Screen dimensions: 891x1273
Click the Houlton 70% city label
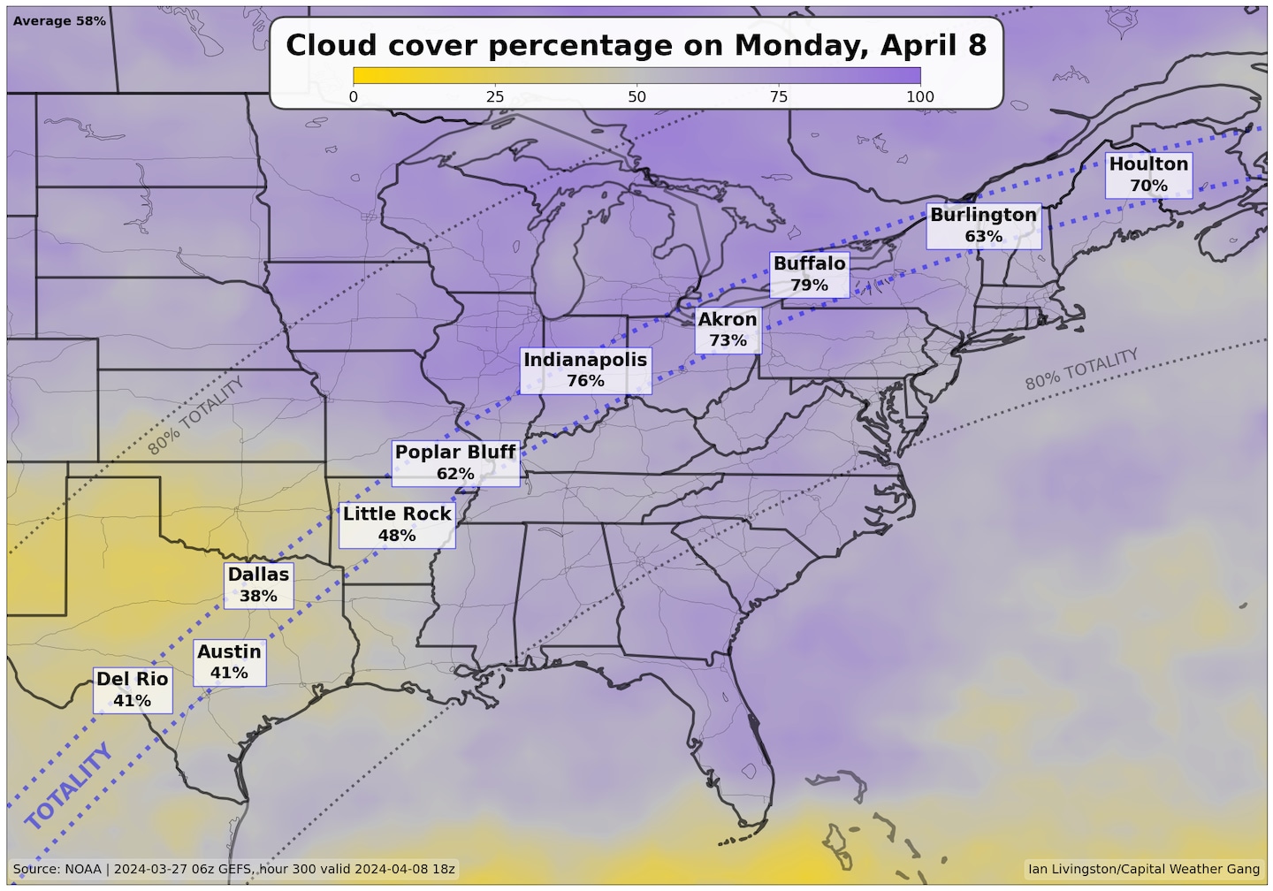pos(1148,175)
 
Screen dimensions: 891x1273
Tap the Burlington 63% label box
pos(983,225)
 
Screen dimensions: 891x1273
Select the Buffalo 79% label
pos(809,274)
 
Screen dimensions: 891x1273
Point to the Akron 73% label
pos(728,330)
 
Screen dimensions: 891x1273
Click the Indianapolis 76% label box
pos(585,369)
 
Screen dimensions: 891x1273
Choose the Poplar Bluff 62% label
pos(455,462)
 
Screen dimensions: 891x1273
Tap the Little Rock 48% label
pos(397,524)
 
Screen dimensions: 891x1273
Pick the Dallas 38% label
pos(258,584)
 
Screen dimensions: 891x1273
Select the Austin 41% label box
pos(229,662)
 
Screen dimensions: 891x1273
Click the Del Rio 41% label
pos(133,689)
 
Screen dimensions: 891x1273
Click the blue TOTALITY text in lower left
pos(69,787)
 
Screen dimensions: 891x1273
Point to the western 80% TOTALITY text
pos(195,415)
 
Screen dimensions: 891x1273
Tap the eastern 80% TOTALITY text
pos(1081,369)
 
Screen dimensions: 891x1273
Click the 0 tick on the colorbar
pos(354,96)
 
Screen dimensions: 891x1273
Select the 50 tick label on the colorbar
pos(636,96)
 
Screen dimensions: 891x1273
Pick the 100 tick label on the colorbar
pos(919,96)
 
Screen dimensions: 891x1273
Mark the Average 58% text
pos(59,20)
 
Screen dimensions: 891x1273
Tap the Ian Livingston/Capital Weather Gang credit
pos(1144,869)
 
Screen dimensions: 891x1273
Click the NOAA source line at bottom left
pos(234,869)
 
